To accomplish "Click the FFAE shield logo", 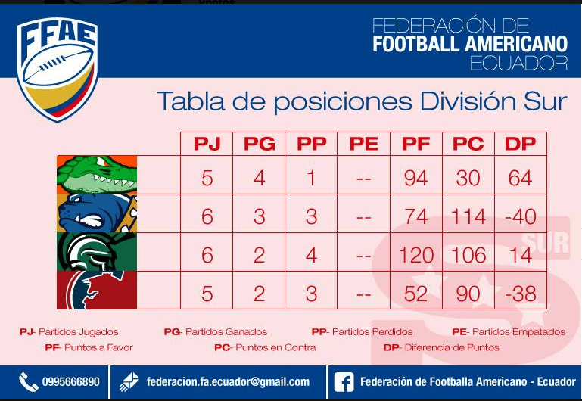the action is [58, 70].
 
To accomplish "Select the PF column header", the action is [415, 144].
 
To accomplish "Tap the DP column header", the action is [521, 144].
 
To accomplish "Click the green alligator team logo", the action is [97, 175].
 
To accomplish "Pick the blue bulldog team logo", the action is [97, 213].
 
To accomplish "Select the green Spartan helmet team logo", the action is [97, 252].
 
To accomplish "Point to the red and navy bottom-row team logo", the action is [97, 290].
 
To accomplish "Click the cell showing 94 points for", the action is [415, 178].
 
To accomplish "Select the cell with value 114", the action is [468, 216].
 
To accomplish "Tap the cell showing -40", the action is [521, 216].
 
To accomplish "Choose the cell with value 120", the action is [415, 255].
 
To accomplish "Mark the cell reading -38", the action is [521, 294].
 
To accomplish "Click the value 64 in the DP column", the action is [521, 178].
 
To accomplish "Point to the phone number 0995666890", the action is [70, 382].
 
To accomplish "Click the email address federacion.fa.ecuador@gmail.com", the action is [228, 382].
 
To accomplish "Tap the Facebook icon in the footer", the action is [344, 382].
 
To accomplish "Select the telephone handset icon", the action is [28, 382].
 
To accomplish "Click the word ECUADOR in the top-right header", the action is [518, 63].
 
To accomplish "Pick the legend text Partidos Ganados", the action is [226, 331].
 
